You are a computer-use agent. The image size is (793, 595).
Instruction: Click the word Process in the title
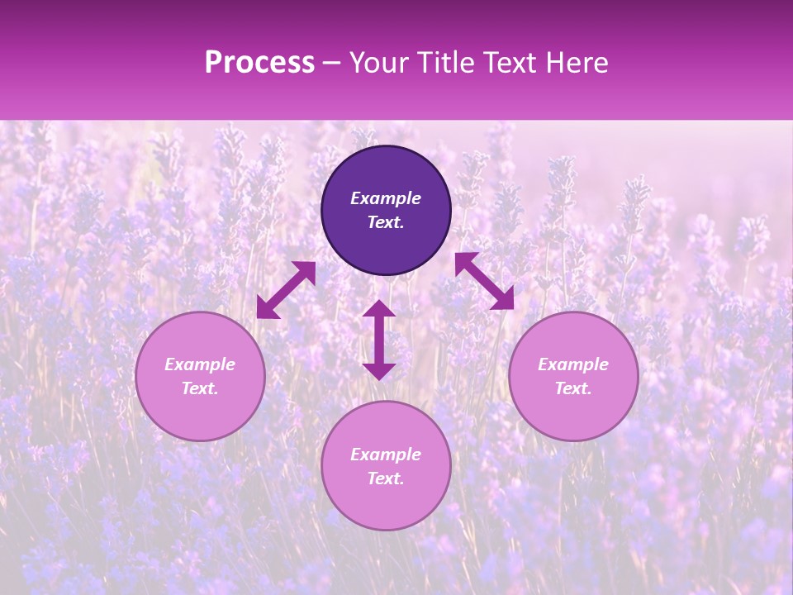(259, 63)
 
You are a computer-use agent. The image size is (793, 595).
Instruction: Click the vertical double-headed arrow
(379, 340)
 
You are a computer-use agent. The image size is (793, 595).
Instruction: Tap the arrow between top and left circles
(286, 290)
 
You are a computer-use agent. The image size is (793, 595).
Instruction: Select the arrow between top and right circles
(484, 281)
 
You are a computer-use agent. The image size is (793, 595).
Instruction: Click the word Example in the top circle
(386, 198)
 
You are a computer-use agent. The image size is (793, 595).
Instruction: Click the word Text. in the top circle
(386, 222)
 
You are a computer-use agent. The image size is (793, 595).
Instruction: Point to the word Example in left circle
(200, 364)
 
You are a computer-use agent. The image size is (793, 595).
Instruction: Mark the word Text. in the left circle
(200, 388)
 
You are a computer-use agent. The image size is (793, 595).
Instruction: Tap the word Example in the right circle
(573, 364)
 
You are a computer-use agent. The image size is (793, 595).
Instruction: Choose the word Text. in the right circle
(573, 388)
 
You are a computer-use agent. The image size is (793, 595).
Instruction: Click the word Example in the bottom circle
(386, 455)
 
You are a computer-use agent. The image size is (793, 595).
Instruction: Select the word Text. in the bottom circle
(386, 478)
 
